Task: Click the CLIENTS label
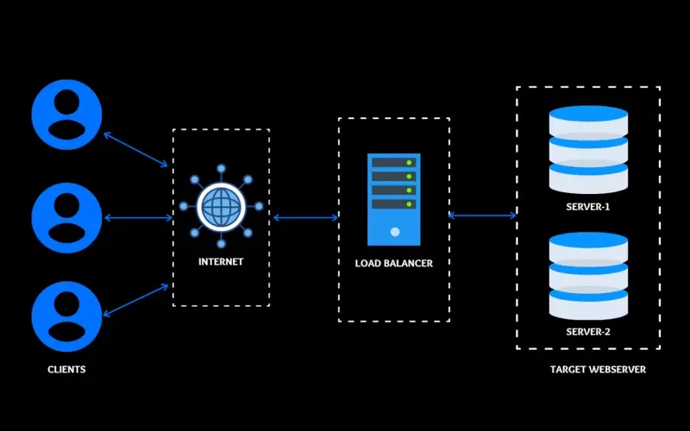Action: coord(66,370)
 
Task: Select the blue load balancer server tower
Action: coord(392,199)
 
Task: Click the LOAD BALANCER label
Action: coord(394,263)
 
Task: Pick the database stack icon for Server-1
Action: coord(588,152)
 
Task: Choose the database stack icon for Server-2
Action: coord(588,275)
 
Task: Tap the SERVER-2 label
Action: coord(588,331)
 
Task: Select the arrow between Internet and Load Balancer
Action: coord(305,218)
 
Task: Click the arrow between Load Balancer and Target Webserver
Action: coord(482,215)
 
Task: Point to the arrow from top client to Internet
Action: coord(136,149)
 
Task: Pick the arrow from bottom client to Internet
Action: coord(136,298)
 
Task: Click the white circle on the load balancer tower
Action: coord(393,232)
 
